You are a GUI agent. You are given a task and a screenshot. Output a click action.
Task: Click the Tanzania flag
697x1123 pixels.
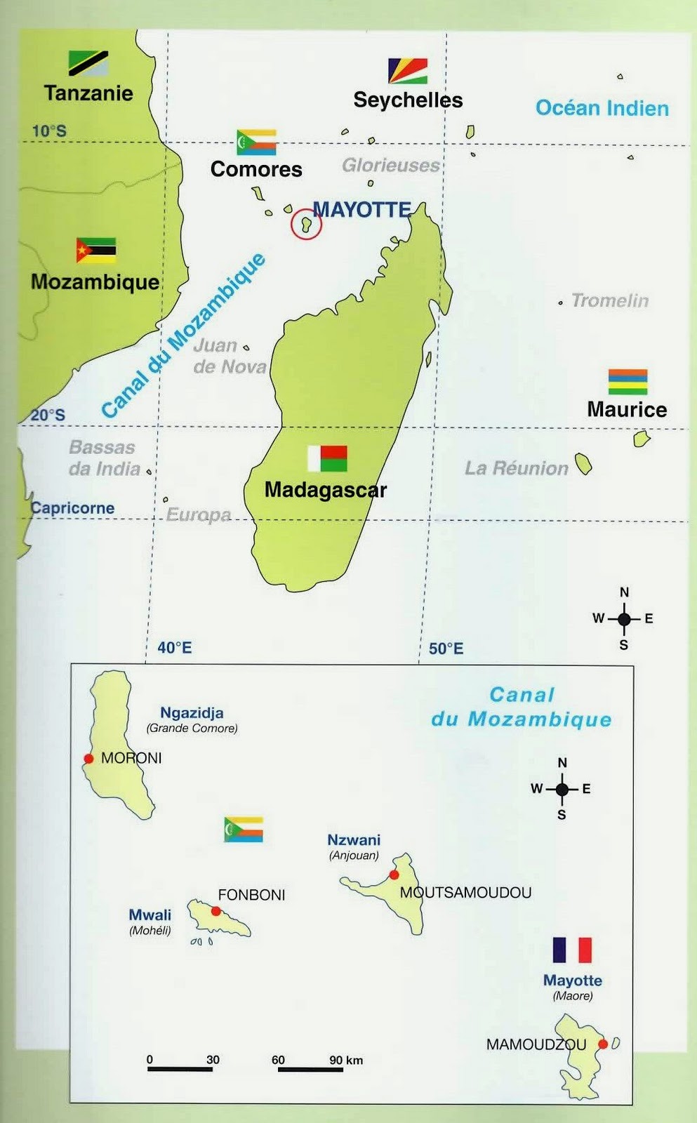pyautogui.click(x=88, y=63)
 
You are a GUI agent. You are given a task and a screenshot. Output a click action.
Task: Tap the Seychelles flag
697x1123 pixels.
pyautogui.click(x=408, y=71)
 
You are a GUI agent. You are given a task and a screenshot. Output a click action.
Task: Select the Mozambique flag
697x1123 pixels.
pyautogui.click(x=96, y=251)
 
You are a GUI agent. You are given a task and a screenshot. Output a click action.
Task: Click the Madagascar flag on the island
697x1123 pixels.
pyautogui.click(x=327, y=458)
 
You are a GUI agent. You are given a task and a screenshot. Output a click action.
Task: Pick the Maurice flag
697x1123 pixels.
pyautogui.click(x=628, y=382)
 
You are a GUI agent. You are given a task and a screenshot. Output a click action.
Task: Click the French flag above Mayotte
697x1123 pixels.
pyautogui.click(x=572, y=950)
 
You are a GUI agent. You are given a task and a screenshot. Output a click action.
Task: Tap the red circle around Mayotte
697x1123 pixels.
pyautogui.click(x=307, y=224)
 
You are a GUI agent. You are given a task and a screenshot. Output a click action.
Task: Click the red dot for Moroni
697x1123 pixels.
pyautogui.click(x=88, y=758)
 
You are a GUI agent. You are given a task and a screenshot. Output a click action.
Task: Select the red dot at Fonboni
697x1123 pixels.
pyautogui.click(x=216, y=911)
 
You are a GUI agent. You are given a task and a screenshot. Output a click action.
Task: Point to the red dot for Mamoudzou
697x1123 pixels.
pyautogui.click(x=602, y=1044)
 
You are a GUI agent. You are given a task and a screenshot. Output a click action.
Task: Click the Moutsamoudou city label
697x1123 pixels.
pyautogui.click(x=466, y=893)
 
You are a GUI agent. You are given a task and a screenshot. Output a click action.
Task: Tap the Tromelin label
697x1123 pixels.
pyautogui.click(x=609, y=300)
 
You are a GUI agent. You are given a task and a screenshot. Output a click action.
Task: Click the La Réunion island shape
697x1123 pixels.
pyautogui.click(x=583, y=463)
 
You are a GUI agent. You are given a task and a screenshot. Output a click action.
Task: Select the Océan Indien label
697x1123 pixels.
pyautogui.click(x=602, y=108)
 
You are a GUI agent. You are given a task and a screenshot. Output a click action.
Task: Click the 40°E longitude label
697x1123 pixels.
pyautogui.click(x=174, y=647)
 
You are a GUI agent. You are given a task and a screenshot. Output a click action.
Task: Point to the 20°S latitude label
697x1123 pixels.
pyautogui.click(x=48, y=415)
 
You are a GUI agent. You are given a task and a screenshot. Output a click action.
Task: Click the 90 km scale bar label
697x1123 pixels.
pyautogui.click(x=346, y=1061)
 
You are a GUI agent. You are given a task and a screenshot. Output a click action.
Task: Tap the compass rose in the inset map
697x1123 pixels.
pyautogui.click(x=562, y=790)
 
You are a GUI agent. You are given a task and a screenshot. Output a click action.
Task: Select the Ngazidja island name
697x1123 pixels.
pyautogui.click(x=192, y=712)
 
